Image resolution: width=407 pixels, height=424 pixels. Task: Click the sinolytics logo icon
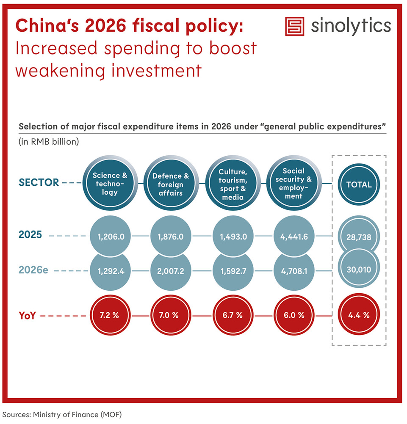pyautogui.click(x=294, y=26)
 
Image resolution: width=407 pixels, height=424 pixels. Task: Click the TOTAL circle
pyautogui.click(x=359, y=184)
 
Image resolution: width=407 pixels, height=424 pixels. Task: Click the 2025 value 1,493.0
pyautogui.click(x=232, y=237)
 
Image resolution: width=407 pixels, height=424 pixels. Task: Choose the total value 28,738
pyautogui.click(x=359, y=237)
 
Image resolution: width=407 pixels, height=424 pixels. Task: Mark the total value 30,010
pyautogui.click(x=359, y=270)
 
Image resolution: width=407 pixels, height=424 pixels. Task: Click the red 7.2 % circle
pyautogui.click(x=110, y=315)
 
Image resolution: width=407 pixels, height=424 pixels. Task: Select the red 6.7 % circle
pyautogui.click(x=232, y=315)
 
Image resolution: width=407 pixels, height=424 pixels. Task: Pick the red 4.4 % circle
pyautogui.click(x=359, y=315)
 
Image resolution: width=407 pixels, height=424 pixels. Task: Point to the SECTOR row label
pyautogui.click(x=39, y=183)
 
